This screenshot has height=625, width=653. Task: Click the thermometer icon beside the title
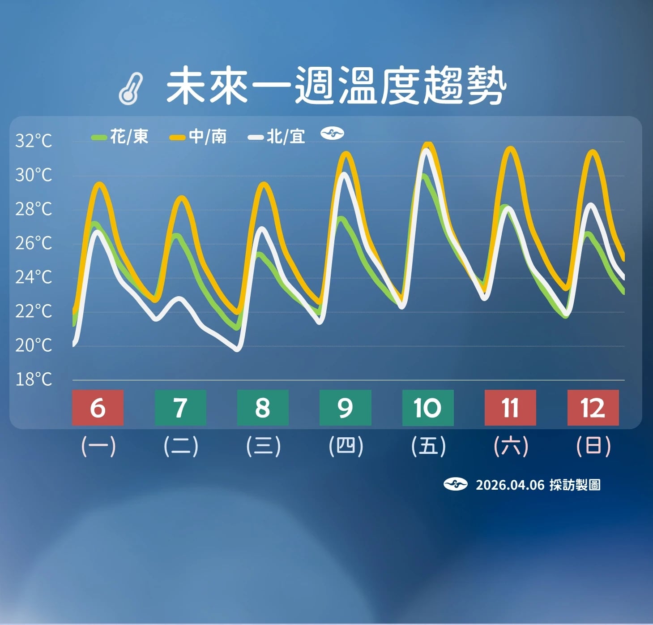131,89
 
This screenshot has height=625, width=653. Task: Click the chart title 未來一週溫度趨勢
336,86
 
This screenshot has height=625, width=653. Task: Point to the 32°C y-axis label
34,141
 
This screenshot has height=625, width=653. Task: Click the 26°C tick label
34,243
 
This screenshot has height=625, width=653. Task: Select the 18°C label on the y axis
34,379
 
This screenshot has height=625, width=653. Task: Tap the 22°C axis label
34,311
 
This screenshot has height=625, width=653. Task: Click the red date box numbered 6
98,408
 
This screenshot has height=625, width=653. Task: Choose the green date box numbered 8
263,408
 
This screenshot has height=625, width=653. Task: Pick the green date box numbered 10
427,408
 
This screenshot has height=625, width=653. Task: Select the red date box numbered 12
593,408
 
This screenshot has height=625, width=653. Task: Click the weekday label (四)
346,446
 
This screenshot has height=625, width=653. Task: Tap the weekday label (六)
511,446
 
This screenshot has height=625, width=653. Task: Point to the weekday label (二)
180,446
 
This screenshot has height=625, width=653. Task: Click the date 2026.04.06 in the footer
510,485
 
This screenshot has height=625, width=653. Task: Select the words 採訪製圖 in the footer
575,485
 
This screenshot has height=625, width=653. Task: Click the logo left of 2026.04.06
455,484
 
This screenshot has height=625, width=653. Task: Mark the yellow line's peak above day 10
428,144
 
